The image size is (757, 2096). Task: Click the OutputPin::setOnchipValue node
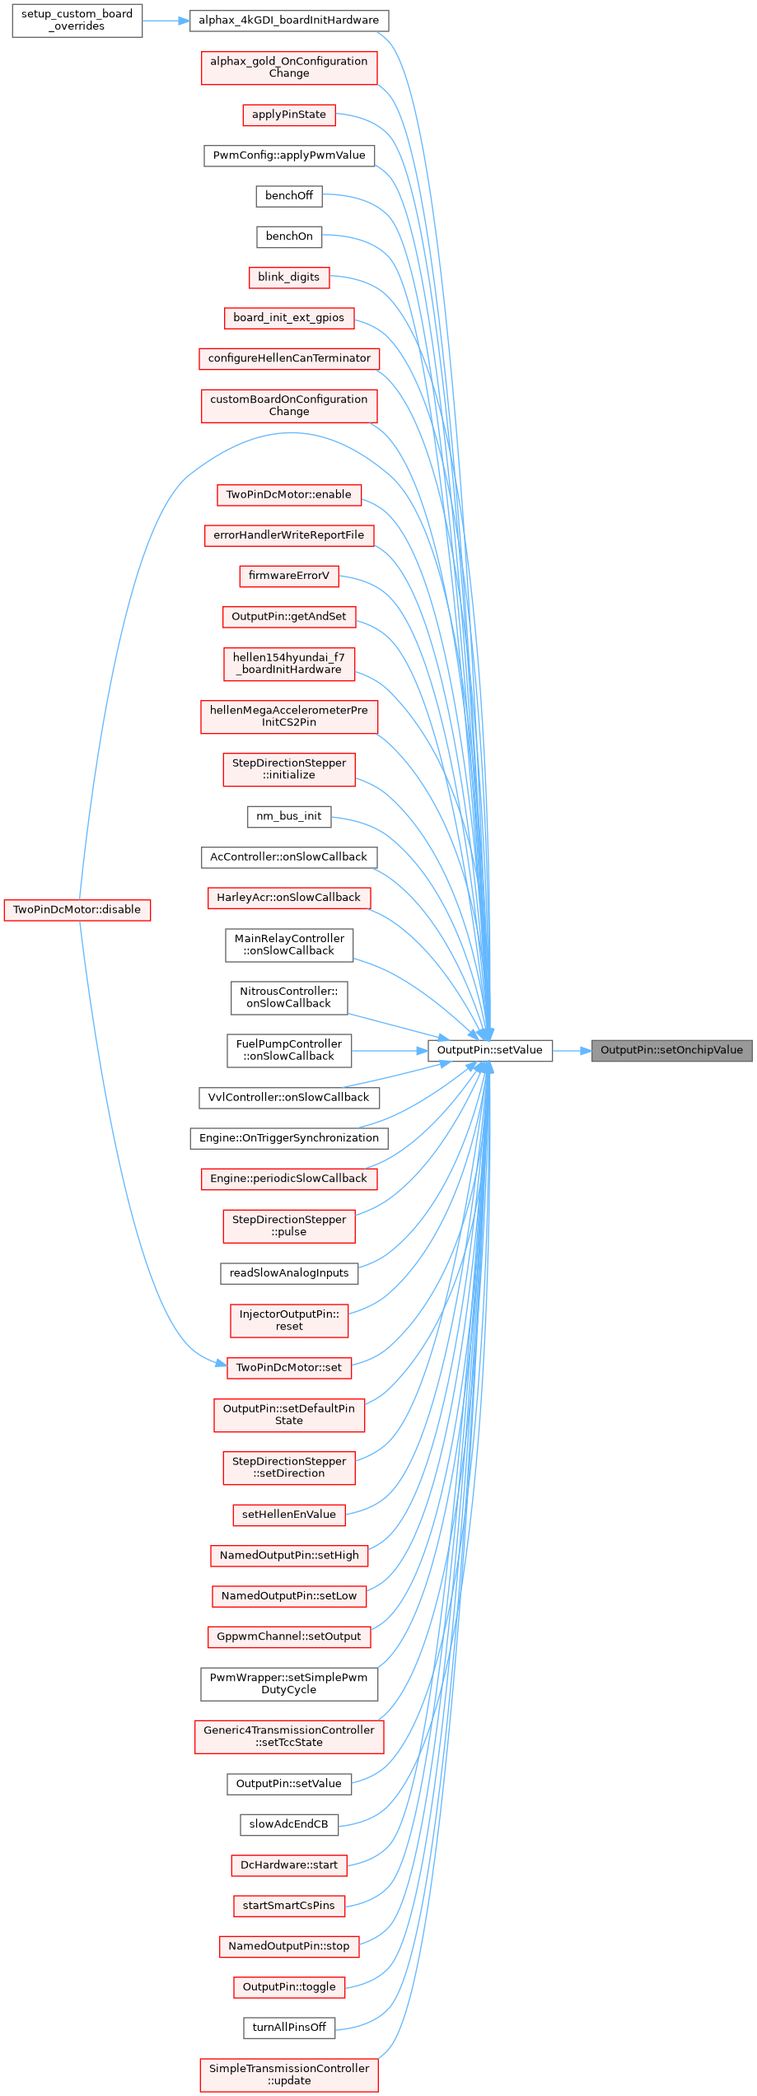click(671, 1050)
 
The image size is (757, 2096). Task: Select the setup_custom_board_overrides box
click(77, 20)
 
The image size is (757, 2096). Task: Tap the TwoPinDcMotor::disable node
click(77, 910)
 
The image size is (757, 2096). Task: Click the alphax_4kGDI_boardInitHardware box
click(288, 20)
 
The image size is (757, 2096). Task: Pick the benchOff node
click(288, 196)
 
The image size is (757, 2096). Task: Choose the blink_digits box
click(288, 278)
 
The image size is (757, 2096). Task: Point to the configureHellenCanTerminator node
click(288, 358)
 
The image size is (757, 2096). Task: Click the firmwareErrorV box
click(288, 576)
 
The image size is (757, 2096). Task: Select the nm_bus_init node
click(288, 816)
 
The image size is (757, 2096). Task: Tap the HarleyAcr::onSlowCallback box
click(288, 898)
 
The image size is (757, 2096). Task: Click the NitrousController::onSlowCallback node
click(288, 997)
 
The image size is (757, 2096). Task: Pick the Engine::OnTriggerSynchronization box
click(288, 1138)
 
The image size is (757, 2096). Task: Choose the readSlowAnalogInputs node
click(288, 1273)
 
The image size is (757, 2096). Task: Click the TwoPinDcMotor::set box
click(288, 1367)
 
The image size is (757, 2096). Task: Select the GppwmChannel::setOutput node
click(288, 1636)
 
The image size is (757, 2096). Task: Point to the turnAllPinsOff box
click(288, 2027)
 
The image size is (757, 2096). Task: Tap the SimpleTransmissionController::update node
click(288, 2074)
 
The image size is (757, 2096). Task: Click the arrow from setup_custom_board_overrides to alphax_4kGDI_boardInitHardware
click(166, 20)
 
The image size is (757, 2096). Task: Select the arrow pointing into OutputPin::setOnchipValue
click(572, 1050)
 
